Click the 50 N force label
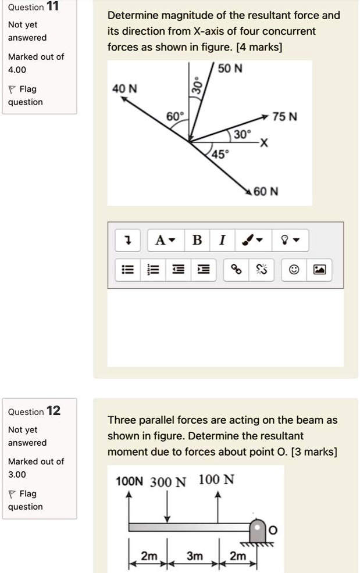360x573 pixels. pos(230,69)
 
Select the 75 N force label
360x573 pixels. pos(285,116)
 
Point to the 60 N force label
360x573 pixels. pos(266,191)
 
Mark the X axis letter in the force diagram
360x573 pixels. pos(264,144)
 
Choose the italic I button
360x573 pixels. pos(222,239)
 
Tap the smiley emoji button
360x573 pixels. pos(295,270)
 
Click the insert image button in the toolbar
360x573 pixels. pos(320,270)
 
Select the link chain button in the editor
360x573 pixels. pos(236,270)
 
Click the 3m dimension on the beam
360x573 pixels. pos(194,556)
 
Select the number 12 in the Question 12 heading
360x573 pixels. pos(53,411)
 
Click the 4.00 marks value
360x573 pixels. pos(17,69)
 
